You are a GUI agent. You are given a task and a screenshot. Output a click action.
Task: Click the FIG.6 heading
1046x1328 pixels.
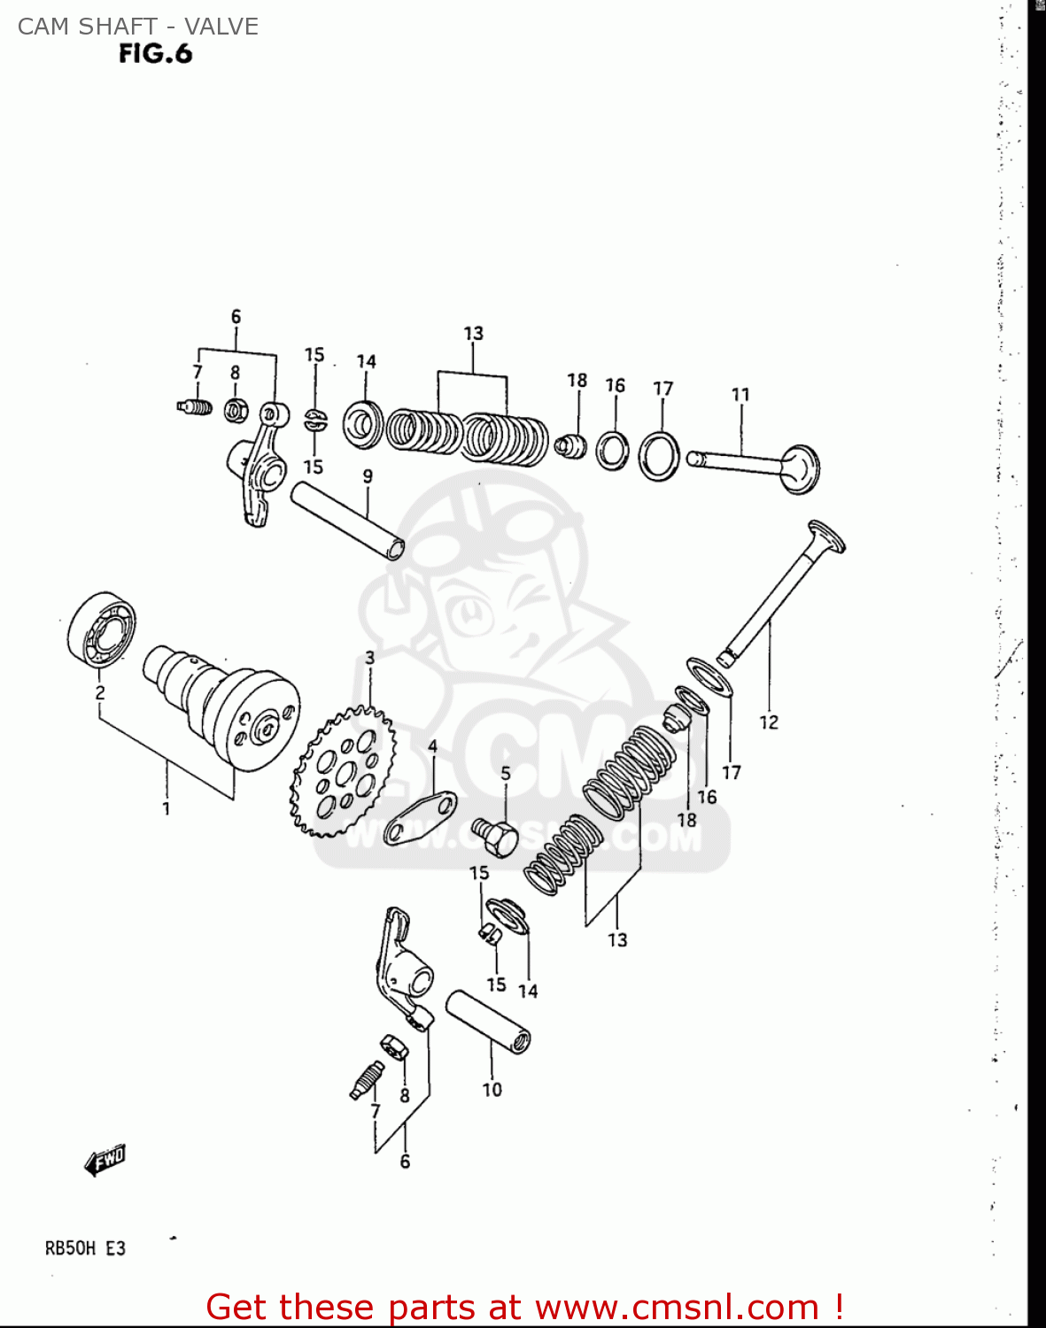click(155, 54)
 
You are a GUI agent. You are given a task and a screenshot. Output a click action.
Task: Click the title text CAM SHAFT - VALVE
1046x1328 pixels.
click(138, 27)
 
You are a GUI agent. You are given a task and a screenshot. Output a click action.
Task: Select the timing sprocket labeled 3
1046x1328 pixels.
click(342, 771)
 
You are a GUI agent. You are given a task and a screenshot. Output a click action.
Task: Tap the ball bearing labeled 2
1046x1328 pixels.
click(102, 628)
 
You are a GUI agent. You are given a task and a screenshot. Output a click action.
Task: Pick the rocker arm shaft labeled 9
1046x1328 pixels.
click(347, 520)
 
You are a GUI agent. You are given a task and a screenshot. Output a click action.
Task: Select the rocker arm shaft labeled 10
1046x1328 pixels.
click(488, 1020)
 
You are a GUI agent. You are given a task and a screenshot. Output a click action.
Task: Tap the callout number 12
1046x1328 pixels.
click(768, 722)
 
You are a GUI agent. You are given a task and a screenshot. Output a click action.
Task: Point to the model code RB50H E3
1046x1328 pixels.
click(85, 1248)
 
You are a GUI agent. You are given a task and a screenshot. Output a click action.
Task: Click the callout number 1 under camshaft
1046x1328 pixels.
click(166, 808)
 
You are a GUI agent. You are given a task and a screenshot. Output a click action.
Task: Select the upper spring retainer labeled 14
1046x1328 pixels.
click(363, 424)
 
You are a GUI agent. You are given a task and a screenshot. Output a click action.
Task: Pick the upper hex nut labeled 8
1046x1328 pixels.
click(236, 410)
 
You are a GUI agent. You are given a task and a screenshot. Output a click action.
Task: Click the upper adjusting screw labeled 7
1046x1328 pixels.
click(194, 407)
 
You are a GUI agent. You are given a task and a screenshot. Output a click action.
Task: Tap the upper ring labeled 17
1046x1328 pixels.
click(660, 455)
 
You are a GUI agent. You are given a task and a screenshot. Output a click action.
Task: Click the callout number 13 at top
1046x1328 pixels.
click(473, 334)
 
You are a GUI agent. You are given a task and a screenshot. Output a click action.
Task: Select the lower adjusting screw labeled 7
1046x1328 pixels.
click(366, 1079)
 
